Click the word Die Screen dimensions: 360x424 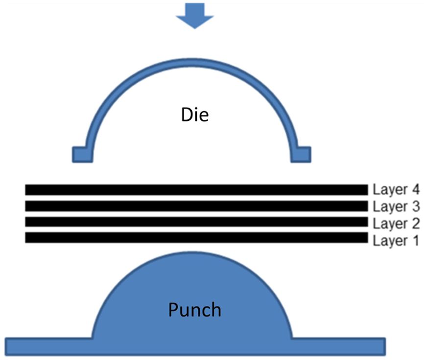(195, 116)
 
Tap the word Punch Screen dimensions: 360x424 (194, 310)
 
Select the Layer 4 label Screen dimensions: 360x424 (396, 189)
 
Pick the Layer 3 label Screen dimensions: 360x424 (396, 206)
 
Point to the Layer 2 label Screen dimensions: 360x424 (396, 224)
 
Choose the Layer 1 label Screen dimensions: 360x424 (396, 241)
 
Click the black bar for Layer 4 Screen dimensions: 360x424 (196, 189)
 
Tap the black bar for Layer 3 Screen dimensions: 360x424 (196, 206)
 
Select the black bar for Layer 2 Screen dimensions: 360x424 (196, 222)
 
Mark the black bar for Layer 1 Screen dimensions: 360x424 (196, 238)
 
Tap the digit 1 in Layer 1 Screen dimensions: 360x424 (415, 241)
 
